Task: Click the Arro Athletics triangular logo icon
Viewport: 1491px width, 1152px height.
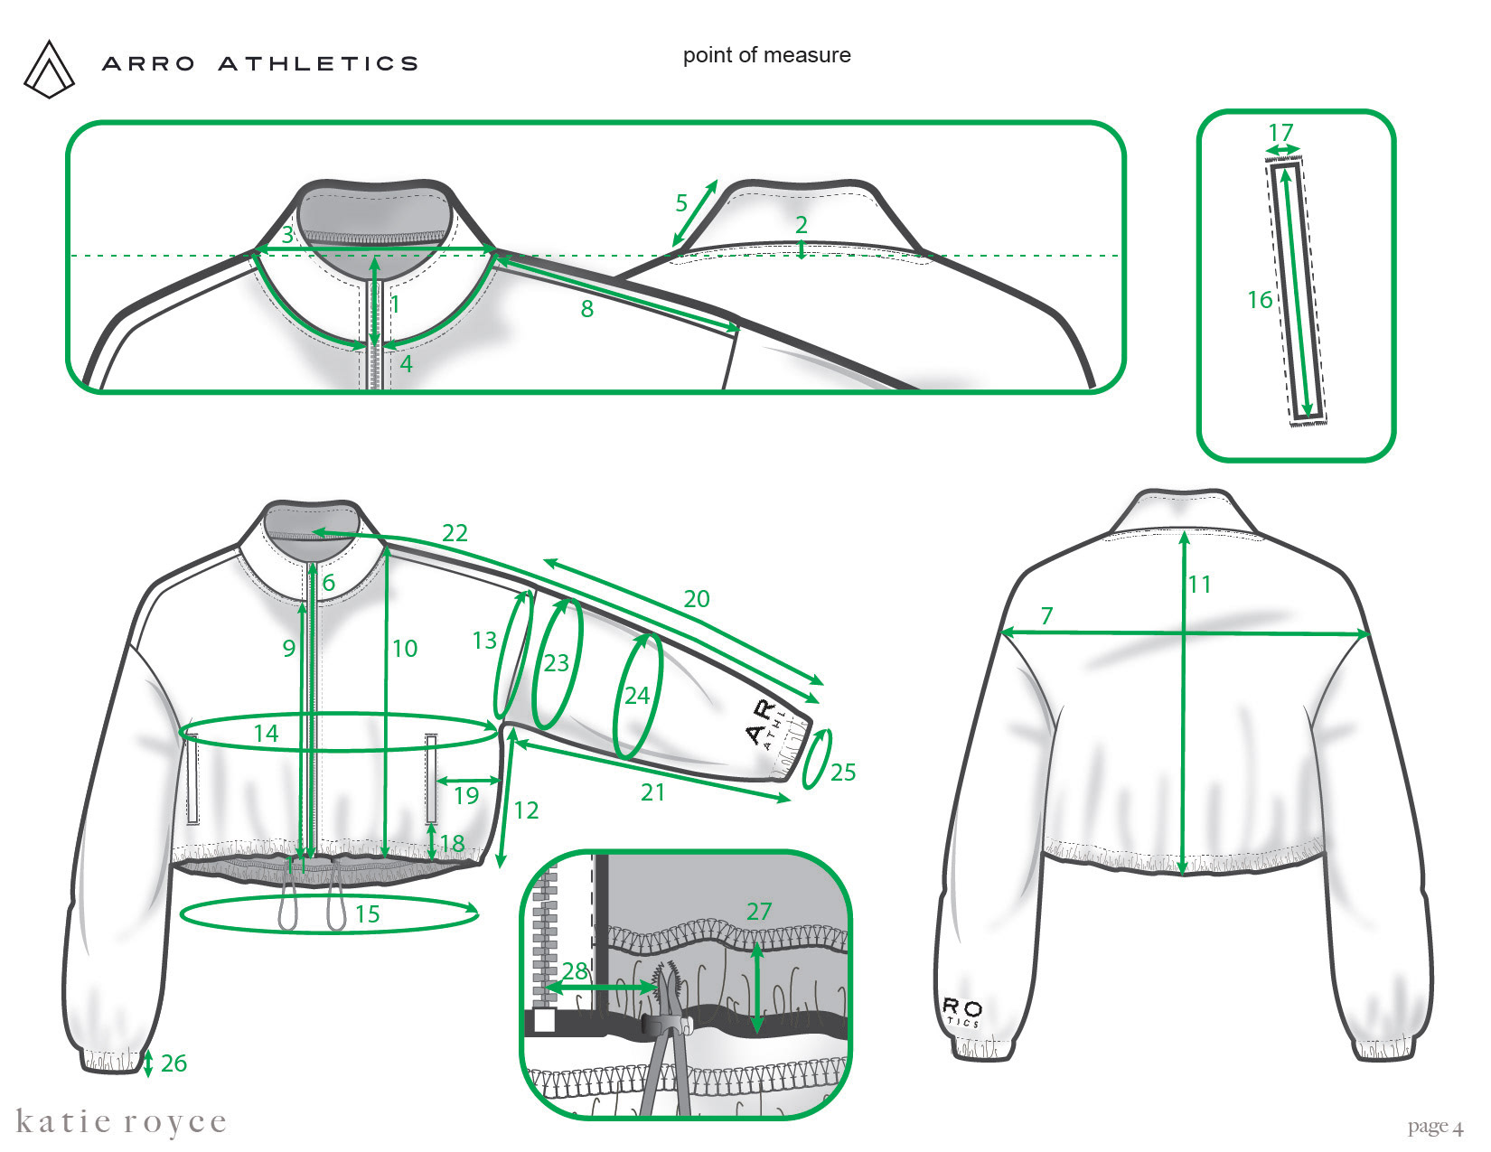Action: pos(50,69)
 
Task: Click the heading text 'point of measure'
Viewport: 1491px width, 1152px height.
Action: pos(766,55)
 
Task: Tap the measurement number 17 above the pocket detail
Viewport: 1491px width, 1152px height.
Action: pos(1280,132)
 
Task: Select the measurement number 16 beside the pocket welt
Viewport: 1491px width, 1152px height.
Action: pos(1260,300)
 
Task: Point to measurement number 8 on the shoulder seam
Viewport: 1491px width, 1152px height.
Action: pos(587,309)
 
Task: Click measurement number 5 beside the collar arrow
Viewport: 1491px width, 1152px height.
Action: pos(681,203)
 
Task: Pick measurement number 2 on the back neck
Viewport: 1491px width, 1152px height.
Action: pos(801,224)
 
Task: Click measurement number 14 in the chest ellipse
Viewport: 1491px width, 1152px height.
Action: pos(266,733)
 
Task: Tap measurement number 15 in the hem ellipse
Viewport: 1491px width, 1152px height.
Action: pos(367,914)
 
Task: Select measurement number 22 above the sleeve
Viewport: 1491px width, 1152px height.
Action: pos(455,532)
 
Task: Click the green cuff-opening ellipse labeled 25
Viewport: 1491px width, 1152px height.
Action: pos(816,758)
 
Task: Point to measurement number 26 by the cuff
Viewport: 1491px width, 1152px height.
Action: pos(173,1063)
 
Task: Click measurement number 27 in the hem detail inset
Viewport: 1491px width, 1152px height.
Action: pos(759,911)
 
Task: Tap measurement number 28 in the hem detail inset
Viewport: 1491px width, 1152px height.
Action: pos(575,971)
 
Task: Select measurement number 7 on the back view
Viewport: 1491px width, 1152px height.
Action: pos(1046,616)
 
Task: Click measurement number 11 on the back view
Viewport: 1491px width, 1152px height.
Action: pos(1199,585)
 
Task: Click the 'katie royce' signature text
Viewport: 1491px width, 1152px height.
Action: pos(121,1122)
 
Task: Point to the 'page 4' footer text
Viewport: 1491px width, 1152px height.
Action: pos(1434,1127)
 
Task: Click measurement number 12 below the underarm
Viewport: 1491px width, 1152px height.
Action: pos(526,810)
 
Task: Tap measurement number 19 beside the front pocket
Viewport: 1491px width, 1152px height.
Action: pos(466,795)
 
